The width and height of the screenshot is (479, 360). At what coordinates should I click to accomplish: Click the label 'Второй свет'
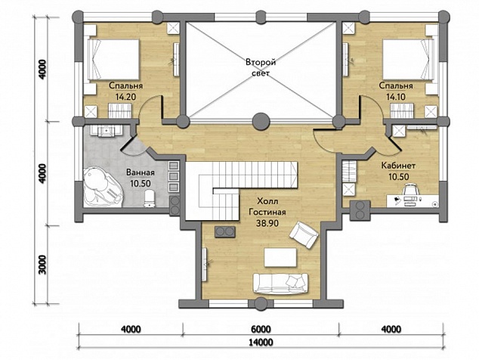click(261, 67)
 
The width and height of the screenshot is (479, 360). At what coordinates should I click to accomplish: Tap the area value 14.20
click(125, 97)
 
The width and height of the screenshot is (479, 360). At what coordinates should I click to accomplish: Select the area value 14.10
click(396, 97)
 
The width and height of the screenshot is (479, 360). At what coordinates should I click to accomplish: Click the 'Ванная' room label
click(141, 172)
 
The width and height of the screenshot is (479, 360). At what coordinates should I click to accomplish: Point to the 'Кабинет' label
click(398, 166)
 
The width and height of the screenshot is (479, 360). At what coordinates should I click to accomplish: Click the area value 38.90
click(267, 223)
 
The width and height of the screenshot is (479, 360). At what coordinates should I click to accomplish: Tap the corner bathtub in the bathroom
click(103, 187)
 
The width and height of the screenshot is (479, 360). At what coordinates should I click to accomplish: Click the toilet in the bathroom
click(149, 198)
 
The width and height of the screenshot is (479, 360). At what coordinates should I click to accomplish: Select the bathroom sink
click(106, 131)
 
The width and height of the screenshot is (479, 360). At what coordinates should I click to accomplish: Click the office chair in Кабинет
click(410, 191)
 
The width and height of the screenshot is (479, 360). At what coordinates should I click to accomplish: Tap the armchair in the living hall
click(304, 235)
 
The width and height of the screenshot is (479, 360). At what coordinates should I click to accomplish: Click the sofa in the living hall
click(280, 284)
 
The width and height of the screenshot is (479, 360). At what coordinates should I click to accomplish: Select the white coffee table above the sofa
click(280, 258)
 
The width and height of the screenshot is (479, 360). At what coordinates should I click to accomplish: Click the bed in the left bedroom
click(113, 60)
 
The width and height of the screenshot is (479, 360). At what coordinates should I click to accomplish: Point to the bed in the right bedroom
click(409, 60)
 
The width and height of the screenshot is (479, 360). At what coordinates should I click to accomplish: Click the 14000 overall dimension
click(261, 342)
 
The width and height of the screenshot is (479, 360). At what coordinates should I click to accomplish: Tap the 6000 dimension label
click(261, 329)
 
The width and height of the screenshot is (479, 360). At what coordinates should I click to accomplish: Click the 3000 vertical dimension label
click(42, 265)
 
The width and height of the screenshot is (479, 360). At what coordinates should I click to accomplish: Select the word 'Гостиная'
click(267, 212)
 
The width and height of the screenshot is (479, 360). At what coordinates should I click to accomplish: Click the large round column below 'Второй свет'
click(261, 121)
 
